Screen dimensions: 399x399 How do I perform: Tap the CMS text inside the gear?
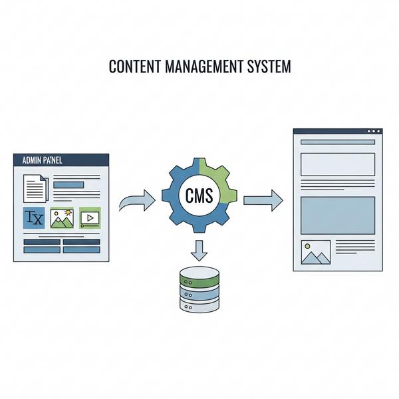click(x=199, y=196)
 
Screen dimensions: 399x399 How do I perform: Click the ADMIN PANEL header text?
click(x=43, y=160)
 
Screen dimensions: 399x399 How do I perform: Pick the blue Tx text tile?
click(x=34, y=218)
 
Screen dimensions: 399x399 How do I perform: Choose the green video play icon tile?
click(x=90, y=218)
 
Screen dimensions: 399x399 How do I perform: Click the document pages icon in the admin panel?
click(x=36, y=188)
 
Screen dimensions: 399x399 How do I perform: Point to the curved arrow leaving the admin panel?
click(x=137, y=201)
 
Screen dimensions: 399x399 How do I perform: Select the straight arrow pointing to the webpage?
click(x=263, y=201)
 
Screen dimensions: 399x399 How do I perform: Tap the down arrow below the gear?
click(x=199, y=251)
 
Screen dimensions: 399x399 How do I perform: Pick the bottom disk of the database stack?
click(x=199, y=305)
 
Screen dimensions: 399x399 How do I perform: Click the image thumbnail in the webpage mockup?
click(x=316, y=252)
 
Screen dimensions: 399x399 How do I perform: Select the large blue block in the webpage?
click(x=338, y=215)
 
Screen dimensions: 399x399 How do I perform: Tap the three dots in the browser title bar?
click(x=374, y=131)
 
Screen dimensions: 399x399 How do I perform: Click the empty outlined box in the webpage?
click(x=338, y=164)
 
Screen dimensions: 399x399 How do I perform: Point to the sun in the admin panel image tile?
click(x=68, y=213)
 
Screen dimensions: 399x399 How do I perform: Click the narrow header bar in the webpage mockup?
click(x=338, y=142)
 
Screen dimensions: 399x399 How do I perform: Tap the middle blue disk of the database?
click(x=199, y=293)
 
